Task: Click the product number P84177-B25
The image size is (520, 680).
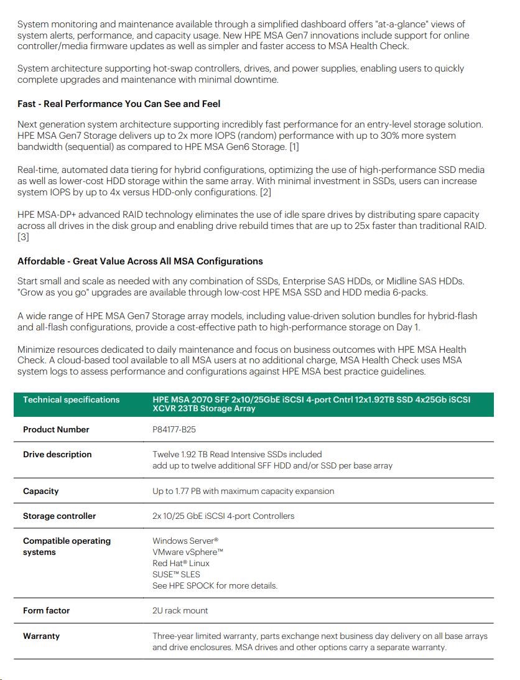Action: pyautogui.click(x=174, y=429)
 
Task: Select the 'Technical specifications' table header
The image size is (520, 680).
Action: pyautogui.click(x=71, y=399)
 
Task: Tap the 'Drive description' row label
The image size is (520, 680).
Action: pyautogui.click(x=57, y=454)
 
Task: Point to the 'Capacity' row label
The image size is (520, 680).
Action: pyautogui.click(x=41, y=491)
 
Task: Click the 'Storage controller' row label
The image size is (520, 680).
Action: pyautogui.click(x=60, y=516)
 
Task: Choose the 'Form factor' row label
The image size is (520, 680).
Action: pyautogui.click(x=47, y=610)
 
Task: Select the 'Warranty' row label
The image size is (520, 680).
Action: pyautogui.click(x=41, y=636)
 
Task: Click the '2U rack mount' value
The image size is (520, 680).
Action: pyautogui.click(x=180, y=610)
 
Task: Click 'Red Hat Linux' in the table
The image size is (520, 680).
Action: pyautogui.click(x=181, y=563)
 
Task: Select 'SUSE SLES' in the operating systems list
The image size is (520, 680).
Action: pyautogui.click(x=176, y=574)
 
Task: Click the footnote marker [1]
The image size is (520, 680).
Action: pyautogui.click(x=294, y=147)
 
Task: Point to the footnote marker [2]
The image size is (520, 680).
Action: pyautogui.click(x=266, y=192)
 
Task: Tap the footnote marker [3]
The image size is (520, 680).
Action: pyautogui.click(x=23, y=237)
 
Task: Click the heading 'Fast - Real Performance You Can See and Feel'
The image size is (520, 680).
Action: pyautogui.click(x=119, y=104)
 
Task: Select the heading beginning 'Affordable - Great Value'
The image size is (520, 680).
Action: pyautogui.click(x=140, y=261)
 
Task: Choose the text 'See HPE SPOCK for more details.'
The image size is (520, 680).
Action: pyautogui.click(x=215, y=585)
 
